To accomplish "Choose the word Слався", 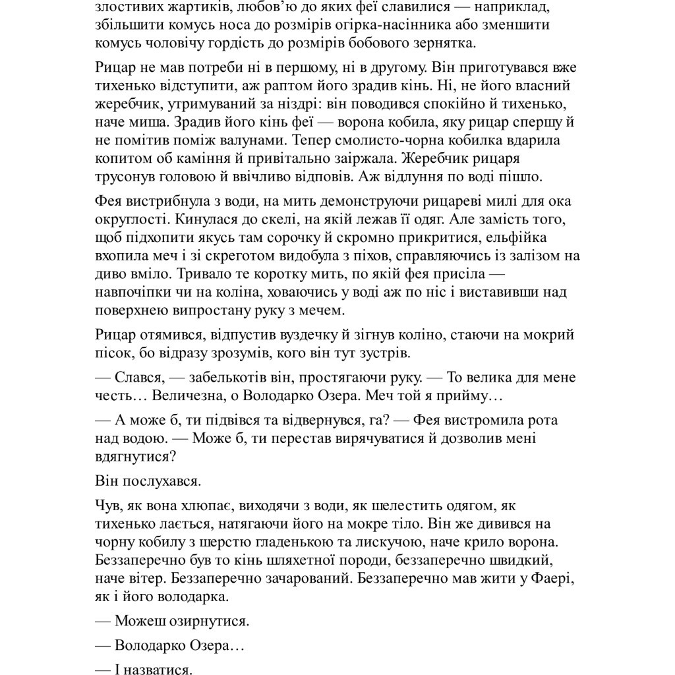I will [x=138, y=378].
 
